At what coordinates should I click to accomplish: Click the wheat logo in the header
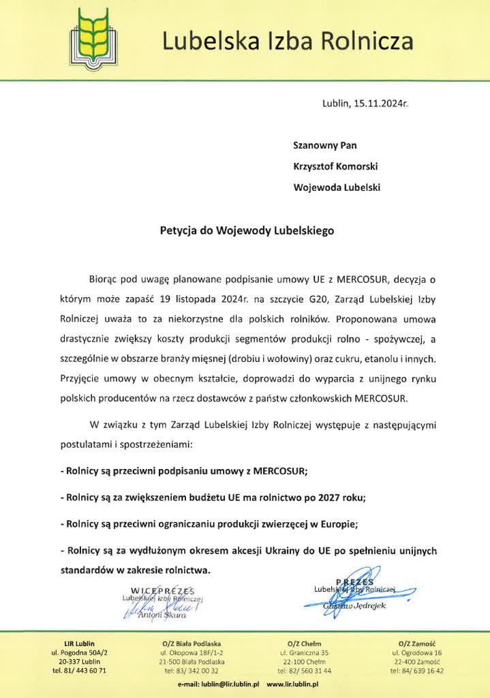pos(95,38)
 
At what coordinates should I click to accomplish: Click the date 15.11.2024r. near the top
pos(380,104)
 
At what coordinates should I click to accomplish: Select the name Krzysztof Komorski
pos(335,166)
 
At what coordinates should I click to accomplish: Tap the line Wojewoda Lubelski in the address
pos(337,187)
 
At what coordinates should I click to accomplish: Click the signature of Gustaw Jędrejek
pos(354,592)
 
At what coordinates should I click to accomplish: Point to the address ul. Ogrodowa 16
pos(417,653)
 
